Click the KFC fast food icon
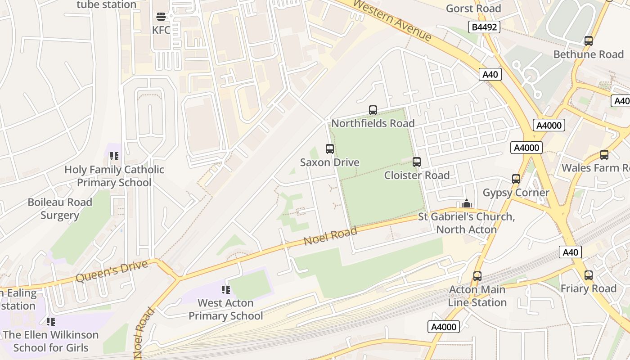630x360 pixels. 161,17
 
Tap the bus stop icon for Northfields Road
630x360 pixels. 373,110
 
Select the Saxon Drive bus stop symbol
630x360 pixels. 330,149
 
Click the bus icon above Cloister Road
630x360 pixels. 417,162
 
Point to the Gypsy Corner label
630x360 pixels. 516,193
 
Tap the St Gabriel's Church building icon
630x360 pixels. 467,203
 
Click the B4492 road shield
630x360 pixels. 484,27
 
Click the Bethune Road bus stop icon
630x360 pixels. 588,41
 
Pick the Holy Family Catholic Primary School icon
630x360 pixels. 114,156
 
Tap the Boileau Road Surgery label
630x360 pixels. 60,209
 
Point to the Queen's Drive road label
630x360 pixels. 112,271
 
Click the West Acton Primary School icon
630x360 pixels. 226,290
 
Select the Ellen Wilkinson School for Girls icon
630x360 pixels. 51,322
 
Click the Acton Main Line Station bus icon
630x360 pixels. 477,276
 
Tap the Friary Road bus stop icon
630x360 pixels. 588,275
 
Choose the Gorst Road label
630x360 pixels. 473,9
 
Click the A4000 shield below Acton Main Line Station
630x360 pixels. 444,327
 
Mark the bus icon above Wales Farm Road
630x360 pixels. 604,155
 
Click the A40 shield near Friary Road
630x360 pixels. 570,252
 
